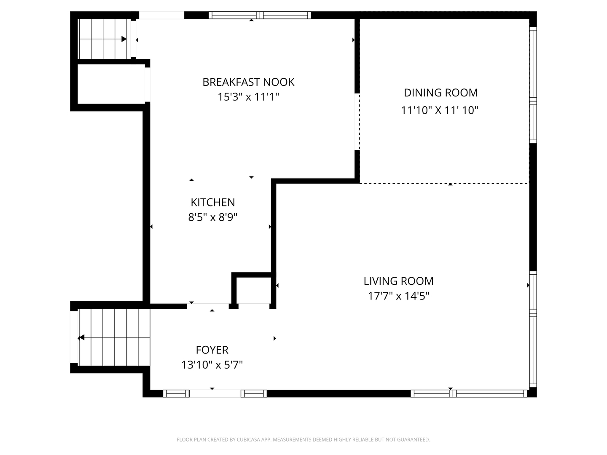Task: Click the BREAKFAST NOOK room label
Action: point(248,82)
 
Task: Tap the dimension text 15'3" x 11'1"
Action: point(248,97)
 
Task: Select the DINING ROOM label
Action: point(440,93)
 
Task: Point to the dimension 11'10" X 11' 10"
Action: point(439,110)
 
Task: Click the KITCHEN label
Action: point(212,202)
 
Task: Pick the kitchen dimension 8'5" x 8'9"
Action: point(212,217)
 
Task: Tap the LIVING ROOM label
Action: point(398,281)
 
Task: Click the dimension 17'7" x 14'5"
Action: point(398,296)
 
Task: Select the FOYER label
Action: point(212,350)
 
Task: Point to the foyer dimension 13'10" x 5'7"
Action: point(212,365)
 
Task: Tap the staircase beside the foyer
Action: point(114,337)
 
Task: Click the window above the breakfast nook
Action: point(260,15)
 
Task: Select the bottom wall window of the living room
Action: point(469,393)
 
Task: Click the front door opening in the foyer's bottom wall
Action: point(215,393)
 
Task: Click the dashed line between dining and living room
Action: point(444,183)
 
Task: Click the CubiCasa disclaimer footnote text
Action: point(303,440)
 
